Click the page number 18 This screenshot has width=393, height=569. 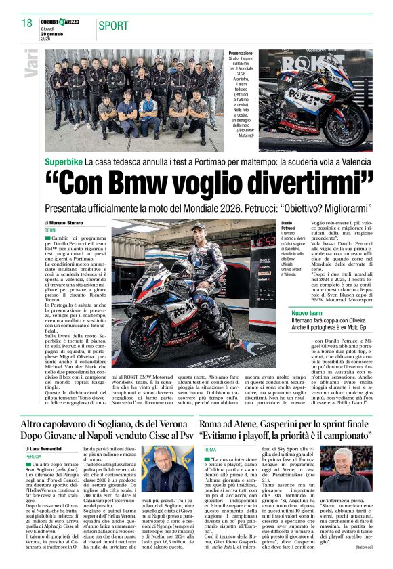pyautogui.click(x=27, y=23)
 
